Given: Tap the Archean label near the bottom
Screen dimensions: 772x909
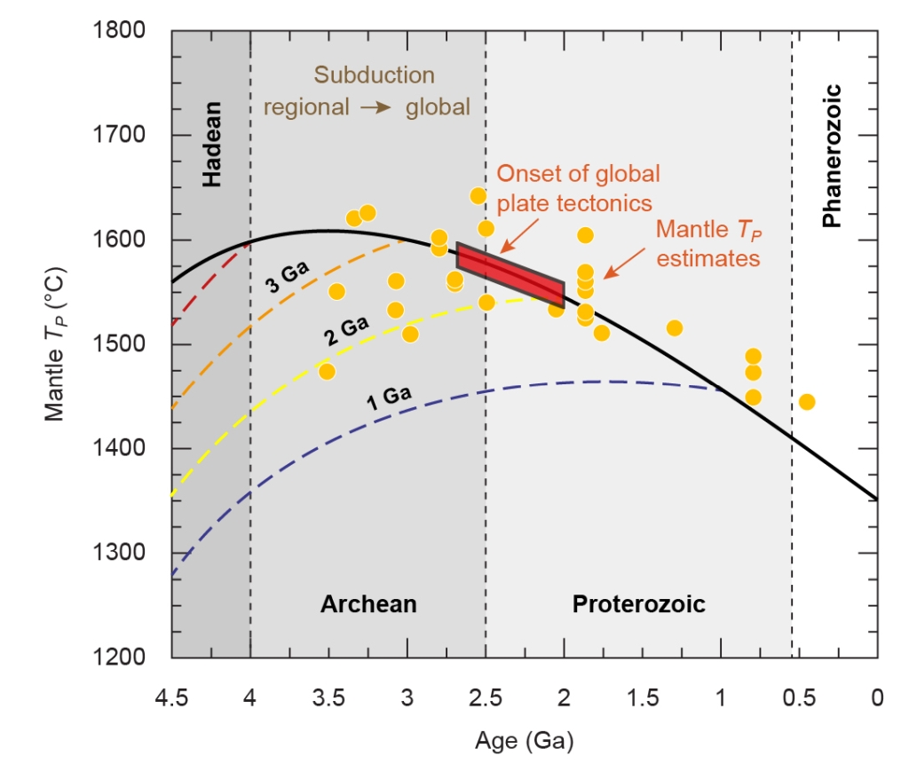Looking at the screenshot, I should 368,604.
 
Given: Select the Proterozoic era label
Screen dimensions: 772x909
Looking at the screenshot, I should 638,604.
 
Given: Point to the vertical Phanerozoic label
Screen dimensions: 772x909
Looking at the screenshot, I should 832,156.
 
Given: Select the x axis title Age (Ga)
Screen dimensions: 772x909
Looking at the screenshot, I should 524,739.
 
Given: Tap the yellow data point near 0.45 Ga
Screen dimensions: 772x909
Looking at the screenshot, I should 807,402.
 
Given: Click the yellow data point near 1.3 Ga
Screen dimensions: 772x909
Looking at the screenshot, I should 675,328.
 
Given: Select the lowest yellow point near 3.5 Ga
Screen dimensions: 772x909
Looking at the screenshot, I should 327,371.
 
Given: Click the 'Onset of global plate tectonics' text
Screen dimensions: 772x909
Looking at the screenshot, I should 573,187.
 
